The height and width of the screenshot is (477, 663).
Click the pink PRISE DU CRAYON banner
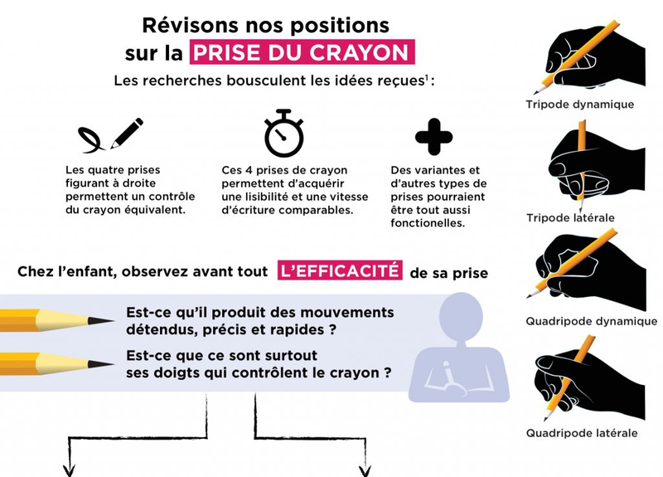pos(302,53)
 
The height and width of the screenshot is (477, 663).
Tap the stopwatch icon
pos(283,134)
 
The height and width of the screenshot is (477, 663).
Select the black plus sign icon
pos(433,137)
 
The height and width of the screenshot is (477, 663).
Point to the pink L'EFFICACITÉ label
pos(340,271)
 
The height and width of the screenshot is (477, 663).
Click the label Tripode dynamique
pos(579,105)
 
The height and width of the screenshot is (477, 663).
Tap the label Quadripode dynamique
pos(591,321)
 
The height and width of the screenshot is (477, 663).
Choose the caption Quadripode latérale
pos(582,432)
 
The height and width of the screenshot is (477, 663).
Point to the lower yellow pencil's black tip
pos(103,364)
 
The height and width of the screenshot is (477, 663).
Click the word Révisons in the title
pos(185,25)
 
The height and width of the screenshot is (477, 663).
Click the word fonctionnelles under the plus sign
pos(427,223)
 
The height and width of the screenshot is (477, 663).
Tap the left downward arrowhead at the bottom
pos(68,470)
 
